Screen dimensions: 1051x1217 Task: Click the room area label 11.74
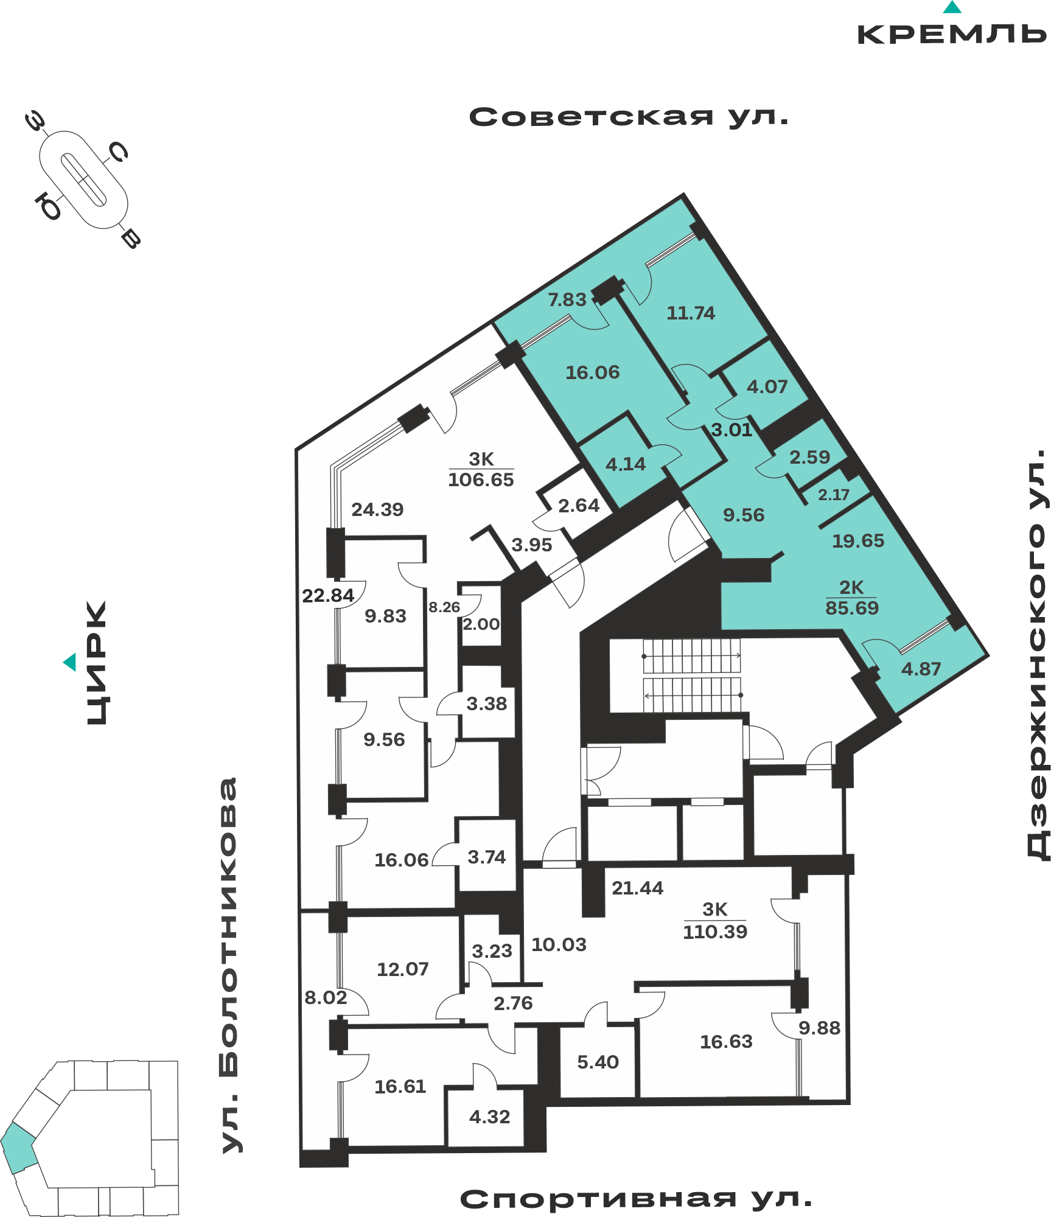[691, 313]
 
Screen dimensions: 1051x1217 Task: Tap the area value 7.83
[567, 300]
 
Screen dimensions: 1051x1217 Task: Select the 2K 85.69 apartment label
[852, 598]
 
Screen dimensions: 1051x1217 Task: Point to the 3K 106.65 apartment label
[481, 469]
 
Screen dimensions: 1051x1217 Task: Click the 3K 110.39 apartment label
[715, 921]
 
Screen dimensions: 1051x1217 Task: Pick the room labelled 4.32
[490, 1117]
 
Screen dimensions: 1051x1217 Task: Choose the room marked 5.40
[598, 1062]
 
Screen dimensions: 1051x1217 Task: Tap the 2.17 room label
[834, 495]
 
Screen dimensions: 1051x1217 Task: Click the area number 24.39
[377, 509]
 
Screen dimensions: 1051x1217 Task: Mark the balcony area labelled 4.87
[921, 669]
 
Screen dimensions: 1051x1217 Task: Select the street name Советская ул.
[629, 117]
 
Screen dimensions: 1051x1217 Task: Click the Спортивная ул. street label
[636, 1199]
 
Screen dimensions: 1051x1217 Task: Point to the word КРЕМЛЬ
[952, 35]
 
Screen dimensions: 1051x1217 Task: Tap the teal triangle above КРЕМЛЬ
[952, 7]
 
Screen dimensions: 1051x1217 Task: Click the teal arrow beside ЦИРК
[70, 662]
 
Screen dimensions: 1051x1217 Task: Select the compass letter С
[118, 152]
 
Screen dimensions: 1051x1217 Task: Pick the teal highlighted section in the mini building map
[19, 1148]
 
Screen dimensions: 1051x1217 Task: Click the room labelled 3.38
[487, 704]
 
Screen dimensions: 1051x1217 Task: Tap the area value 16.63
[726, 1042]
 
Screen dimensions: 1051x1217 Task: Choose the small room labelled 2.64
[579, 506]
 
